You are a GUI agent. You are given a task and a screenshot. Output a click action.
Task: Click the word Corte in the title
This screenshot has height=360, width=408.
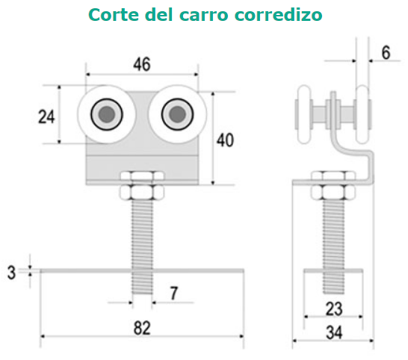click(x=114, y=15)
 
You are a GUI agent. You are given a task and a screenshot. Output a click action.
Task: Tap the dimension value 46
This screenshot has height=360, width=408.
click(x=142, y=64)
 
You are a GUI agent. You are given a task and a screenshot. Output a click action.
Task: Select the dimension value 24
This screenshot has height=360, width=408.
click(x=46, y=117)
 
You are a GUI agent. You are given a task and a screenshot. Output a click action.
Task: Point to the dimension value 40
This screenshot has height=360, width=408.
click(x=226, y=140)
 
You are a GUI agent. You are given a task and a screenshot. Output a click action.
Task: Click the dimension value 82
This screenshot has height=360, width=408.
click(x=142, y=329)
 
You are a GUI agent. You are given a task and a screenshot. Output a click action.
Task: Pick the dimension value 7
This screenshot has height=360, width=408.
click(x=174, y=293)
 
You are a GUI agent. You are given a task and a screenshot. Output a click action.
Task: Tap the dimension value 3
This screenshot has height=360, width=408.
click(x=11, y=273)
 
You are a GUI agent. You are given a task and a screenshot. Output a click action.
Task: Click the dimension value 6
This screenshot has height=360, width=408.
click(x=386, y=52)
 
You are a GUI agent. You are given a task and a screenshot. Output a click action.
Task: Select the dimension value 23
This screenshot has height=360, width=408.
click(x=334, y=309)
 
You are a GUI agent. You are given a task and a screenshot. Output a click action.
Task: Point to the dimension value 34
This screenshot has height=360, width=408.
click(x=334, y=332)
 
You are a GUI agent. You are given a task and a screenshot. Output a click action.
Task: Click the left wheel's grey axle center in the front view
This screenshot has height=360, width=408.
click(x=107, y=114)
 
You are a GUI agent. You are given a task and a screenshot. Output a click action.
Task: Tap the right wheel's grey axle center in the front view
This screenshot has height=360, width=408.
click(x=177, y=114)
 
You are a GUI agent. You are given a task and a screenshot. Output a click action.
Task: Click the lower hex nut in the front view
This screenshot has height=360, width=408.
click(x=142, y=193)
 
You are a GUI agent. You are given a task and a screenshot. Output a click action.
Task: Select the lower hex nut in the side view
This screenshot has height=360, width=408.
click(x=333, y=193)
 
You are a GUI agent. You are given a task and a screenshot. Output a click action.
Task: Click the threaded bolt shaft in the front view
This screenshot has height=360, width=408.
click(x=142, y=247)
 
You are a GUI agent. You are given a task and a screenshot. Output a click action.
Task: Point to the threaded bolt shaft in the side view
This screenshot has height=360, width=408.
click(x=333, y=247)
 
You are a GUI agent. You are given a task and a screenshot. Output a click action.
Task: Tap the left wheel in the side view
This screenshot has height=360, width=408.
click(x=304, y=114)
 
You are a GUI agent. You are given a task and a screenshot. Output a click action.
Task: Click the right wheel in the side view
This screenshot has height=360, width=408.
click(x=362, y=114)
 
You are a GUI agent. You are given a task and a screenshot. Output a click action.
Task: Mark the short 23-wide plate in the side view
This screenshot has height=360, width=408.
click(x=333, y=271)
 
